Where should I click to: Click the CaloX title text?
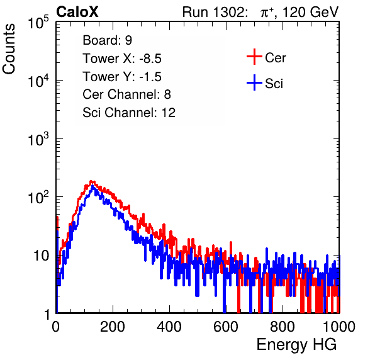pyautogui.click(x=77, y=12)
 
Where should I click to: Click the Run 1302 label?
pyautogui.click(x=215, y=12)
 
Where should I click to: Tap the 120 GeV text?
pyautogui.click(x=310, y=12)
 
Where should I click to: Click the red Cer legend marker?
pyautogui.click(x=254, y=57)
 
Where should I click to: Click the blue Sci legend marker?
pyautogui.click(x=254, y=82)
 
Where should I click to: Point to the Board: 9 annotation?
pyautogui.click(x=107, y=40)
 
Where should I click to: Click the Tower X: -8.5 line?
pyautogui.click(x=122, y=59)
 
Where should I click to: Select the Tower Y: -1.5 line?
pyautogui.click(x=122, y=77)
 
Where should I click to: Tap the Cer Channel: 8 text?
pyautogui.click(x=126, y=94)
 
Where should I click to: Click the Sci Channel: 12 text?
pyautogui.click(x=129, y=113)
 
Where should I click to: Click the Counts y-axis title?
pyautogui.click(x=9, y=49)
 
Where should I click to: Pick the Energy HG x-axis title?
pyautogui.click(x=296, y=345)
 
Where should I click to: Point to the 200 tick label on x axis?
pyautogui.click(x=113, y=327)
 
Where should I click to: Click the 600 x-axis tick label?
pyautogui.click(x=226, y=327)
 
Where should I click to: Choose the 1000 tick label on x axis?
pyautogui.click(x=339, y=327)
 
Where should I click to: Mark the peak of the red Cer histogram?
pyautogui.click(x=91, y=181)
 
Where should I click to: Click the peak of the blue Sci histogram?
pyautogui.click(x=92, y=186)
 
